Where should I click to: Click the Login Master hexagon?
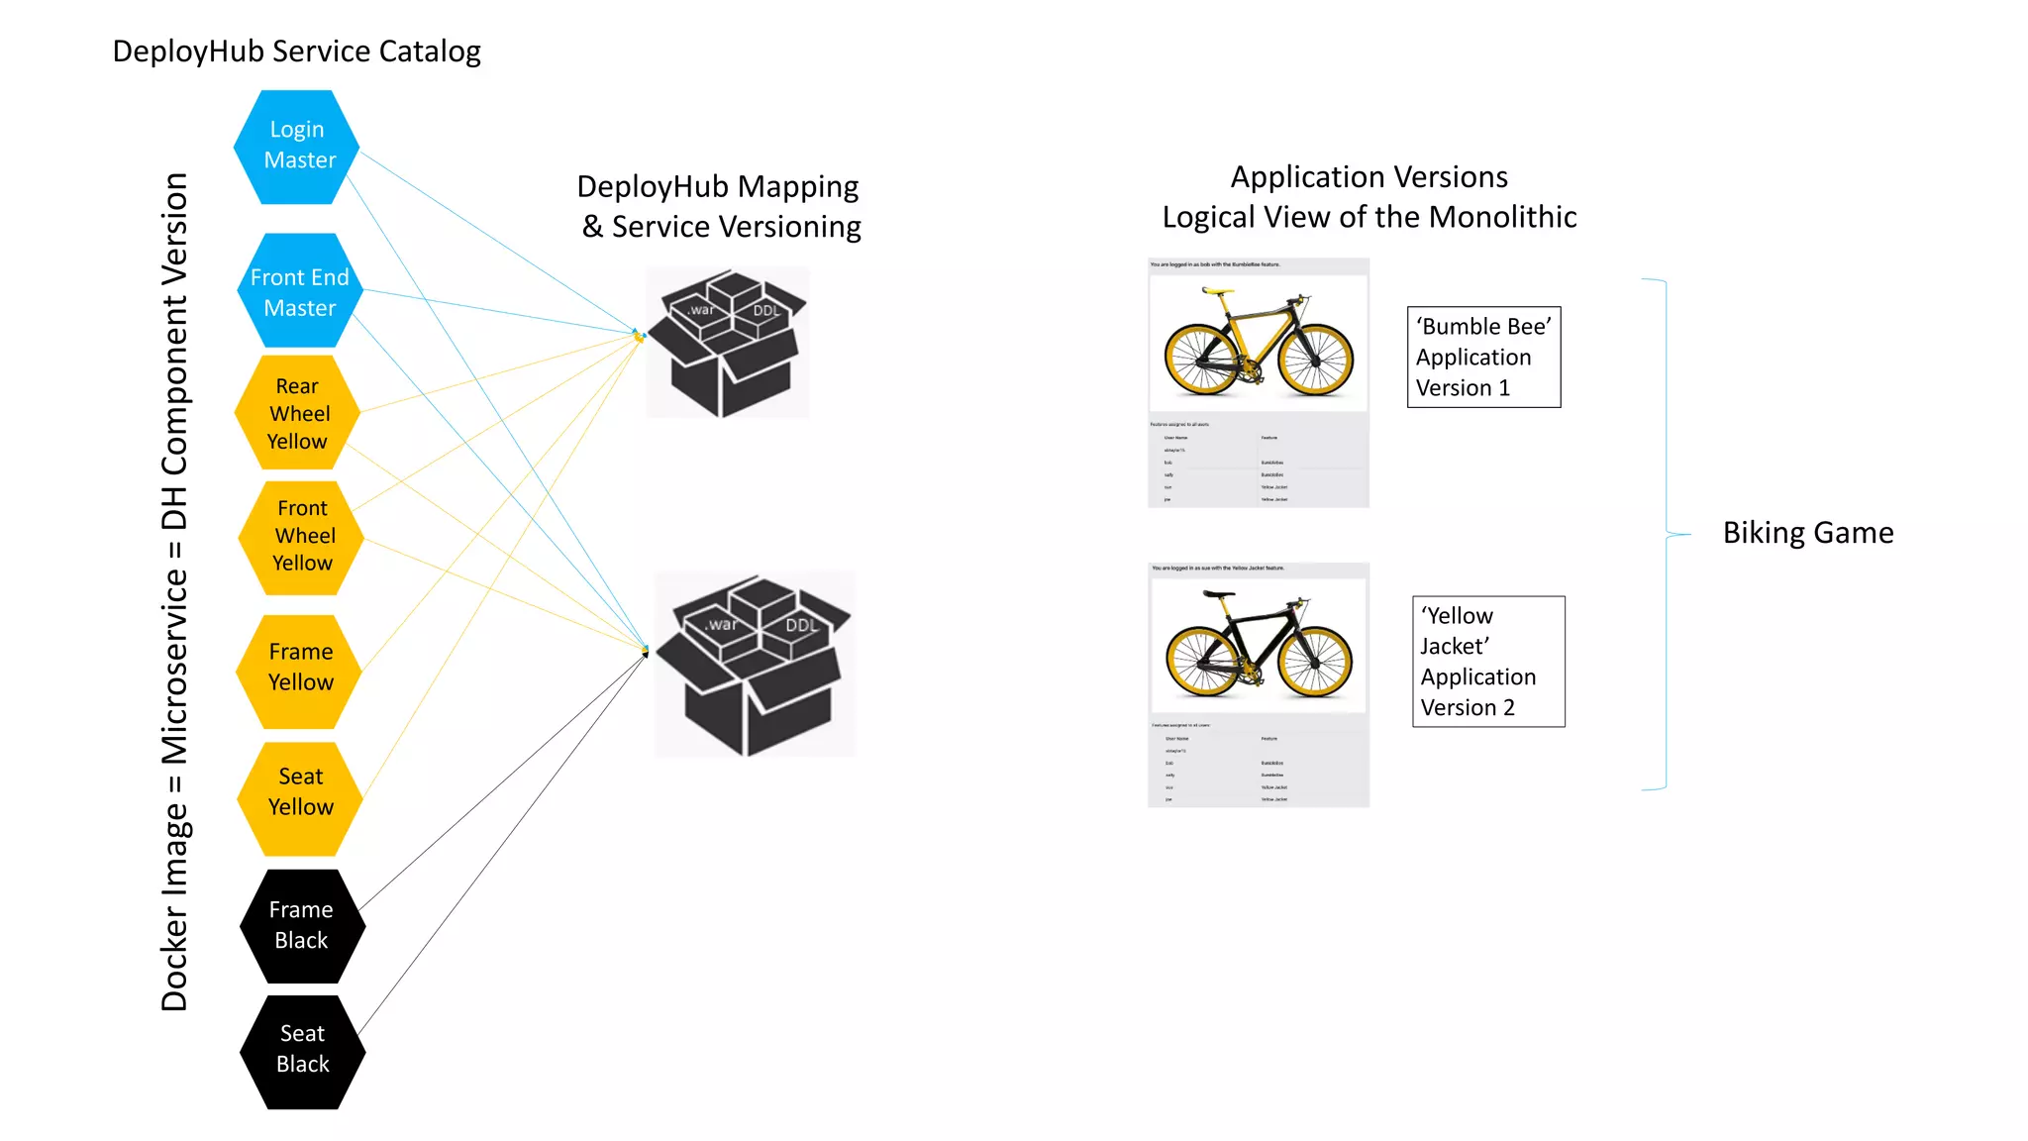297,147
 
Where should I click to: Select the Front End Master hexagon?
300,291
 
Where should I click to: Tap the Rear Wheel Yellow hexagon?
298,413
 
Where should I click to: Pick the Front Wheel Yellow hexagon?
302,537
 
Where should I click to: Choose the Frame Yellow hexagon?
300,669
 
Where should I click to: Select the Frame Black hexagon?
302,925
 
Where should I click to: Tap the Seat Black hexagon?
302,1051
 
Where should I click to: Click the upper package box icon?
728,343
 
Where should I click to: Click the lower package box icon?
755,664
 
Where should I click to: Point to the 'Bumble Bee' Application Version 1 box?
1483,357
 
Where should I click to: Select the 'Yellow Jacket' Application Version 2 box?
1487,661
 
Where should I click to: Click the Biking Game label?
1807,533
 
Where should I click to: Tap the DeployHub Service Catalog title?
296,52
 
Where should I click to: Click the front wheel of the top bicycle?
1315,358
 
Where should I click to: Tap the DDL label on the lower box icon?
801,625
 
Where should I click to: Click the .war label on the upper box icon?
701,310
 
